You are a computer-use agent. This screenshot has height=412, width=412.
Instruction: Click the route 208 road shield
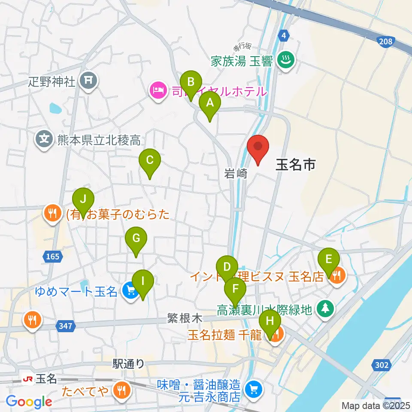coord(385,41)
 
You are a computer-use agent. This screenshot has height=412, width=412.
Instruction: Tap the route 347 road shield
coord(64,327)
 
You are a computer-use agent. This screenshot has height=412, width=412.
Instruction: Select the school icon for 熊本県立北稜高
coord(44,139)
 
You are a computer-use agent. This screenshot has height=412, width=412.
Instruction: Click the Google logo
coord(29,402)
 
